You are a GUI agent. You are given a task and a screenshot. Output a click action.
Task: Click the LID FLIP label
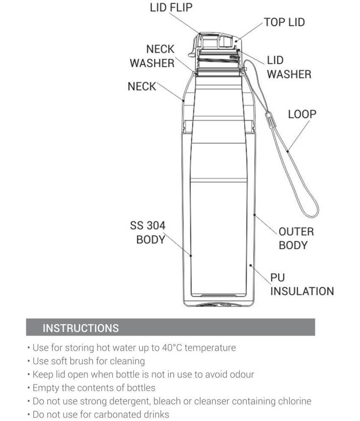click(171, 8)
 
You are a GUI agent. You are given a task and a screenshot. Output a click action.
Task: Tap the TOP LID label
click(285, 22)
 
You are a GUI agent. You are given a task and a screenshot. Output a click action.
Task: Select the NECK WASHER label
click(152, 56)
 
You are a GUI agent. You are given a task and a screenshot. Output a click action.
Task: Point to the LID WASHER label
click(289, 67)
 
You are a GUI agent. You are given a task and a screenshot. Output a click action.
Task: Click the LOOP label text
click(302, 114)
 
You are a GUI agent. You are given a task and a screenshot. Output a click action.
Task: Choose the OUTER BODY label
click(296, 238)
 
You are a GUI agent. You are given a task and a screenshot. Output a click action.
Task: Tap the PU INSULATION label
click(302, 284)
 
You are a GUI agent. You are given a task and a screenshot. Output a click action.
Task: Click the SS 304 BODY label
click(148, 233)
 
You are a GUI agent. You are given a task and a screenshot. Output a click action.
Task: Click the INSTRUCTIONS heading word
click(80, 328)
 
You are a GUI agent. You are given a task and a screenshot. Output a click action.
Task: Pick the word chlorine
click(295, 401)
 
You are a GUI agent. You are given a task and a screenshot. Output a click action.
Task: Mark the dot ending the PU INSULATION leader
click(251, 265)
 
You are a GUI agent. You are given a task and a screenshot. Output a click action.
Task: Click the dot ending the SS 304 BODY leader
click(191, 256)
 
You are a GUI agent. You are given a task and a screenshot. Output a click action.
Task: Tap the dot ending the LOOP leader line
click(288, 151)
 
